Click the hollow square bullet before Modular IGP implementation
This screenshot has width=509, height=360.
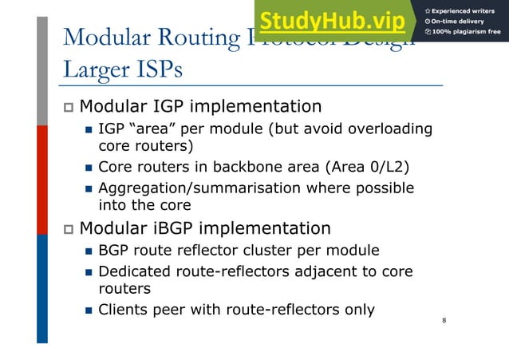click(68, 107)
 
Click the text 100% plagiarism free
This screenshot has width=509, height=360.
click(467, 33)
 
